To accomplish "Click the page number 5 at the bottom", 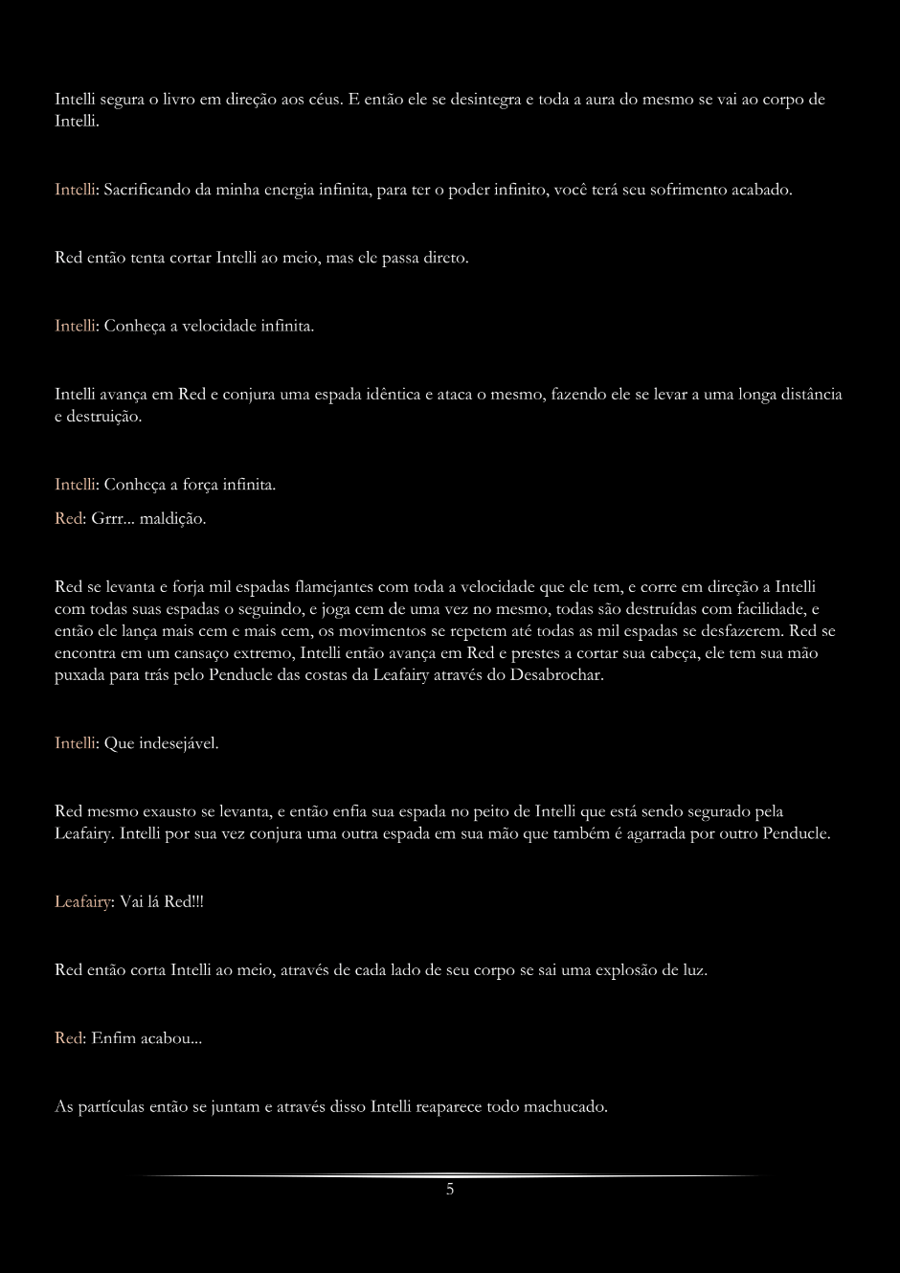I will tap(450, 1190).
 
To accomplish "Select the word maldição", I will tap(173, 519).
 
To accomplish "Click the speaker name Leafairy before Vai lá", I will tap(81, 902).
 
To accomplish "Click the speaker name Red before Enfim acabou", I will tap(69, 1038).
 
